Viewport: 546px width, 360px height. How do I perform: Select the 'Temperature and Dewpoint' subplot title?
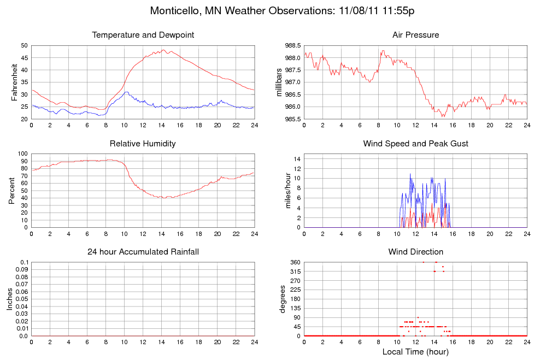pos(143,35)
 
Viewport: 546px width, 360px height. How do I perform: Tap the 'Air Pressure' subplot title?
pos(415,35)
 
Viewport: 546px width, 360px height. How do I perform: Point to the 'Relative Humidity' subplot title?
pos(143,144)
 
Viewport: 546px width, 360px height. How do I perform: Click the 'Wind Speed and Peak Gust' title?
pos(415,144)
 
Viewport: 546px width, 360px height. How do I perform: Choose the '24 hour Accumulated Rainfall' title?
pos(143,252)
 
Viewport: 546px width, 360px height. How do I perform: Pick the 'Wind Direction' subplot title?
pos(415,252)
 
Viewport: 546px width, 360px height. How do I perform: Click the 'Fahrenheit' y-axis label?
pos(15,82)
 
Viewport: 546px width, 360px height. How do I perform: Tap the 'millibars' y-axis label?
pos(279,82)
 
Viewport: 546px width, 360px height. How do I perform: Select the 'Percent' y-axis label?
pos(11,191)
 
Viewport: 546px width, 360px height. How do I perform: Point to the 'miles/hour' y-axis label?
pos(283,191)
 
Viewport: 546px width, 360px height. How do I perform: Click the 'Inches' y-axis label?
pos(9,299)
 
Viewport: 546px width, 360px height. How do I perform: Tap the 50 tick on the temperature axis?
pos(24,45)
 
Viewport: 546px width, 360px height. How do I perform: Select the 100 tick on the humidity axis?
pos(22,154)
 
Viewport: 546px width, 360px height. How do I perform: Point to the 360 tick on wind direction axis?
pos(295,262)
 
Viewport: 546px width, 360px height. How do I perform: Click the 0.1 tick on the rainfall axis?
pos(24,262)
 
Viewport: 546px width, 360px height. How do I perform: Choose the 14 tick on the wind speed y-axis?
pos(297,158)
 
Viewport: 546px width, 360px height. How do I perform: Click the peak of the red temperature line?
pos(165,50)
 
